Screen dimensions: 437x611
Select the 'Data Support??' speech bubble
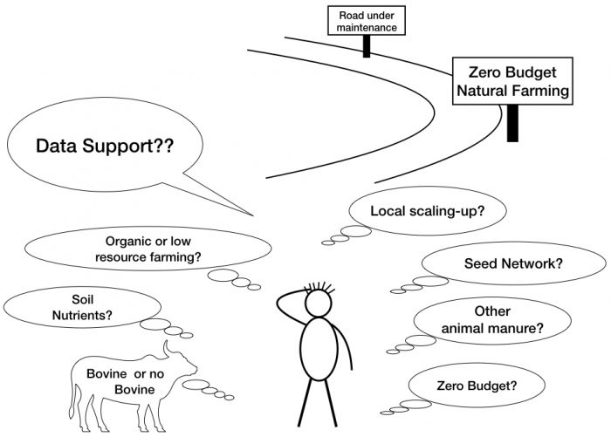[x=105, y=147]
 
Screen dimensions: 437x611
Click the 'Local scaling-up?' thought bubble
[x=415, y=211]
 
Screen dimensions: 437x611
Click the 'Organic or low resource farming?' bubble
[x=153, y=249]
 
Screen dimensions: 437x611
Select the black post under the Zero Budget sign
[x=512, y=123]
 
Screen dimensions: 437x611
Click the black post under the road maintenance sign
[x=367, y=46]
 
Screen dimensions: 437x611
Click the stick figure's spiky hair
[x=319, y=284]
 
